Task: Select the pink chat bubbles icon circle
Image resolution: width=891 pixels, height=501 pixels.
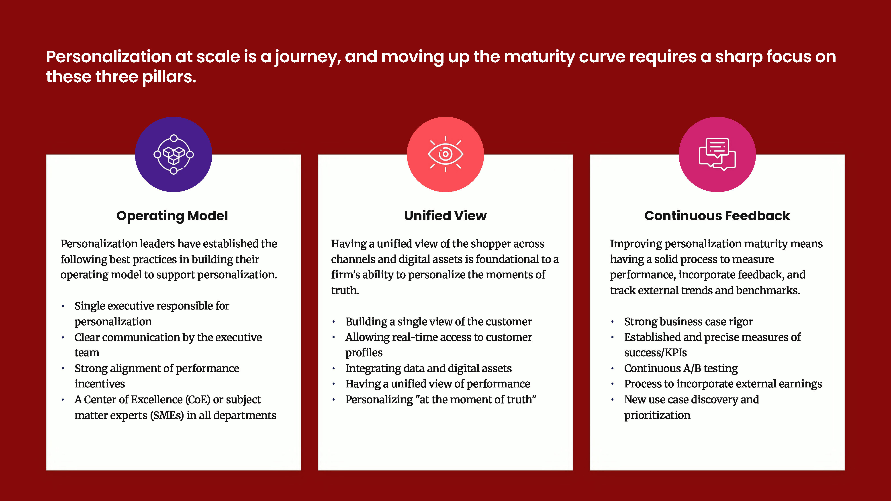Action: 717,154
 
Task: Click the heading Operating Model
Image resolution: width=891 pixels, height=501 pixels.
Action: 172,216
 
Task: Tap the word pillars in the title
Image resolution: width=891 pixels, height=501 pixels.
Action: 169,77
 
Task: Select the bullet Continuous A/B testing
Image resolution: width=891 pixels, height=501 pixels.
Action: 681,368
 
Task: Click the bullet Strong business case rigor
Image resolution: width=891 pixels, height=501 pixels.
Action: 688,322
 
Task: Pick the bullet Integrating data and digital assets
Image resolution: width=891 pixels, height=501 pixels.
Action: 428,368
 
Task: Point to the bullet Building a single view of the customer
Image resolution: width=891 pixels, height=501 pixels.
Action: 438,322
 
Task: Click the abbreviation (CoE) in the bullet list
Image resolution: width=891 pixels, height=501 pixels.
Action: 198,400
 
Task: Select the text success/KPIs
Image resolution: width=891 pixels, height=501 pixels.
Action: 656,353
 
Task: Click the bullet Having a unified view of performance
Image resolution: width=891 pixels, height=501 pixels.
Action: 437,384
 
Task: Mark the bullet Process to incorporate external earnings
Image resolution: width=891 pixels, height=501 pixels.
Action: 723,384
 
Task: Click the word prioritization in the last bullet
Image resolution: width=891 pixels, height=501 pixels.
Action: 657,415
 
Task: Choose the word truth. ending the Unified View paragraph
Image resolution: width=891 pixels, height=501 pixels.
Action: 345,290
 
